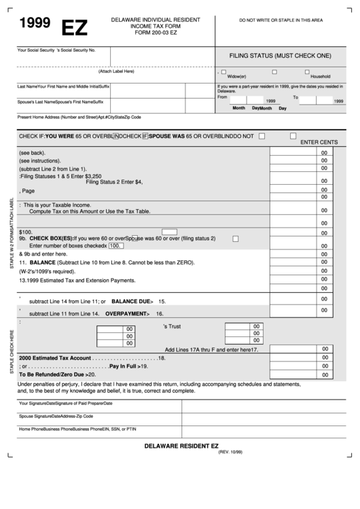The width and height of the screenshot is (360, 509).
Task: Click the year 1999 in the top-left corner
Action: (x=35, y=23)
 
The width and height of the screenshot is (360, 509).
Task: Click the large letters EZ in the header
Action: (x=74, y=28)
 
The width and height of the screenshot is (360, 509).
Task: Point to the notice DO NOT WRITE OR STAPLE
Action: (x=281, y=21)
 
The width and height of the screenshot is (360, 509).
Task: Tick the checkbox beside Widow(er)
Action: (x=224, y=71)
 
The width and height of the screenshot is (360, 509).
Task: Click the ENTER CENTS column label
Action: (x=319, y=141)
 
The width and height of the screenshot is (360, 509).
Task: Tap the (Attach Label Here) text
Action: (x=116, y=71)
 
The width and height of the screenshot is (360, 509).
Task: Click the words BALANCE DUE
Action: (x=128, y=300)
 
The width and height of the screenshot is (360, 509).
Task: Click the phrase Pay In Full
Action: (x=123, y=366)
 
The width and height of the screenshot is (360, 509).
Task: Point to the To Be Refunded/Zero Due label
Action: (x=51, y=374)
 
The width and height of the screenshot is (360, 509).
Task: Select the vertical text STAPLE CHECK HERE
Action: (x=10, y=352)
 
